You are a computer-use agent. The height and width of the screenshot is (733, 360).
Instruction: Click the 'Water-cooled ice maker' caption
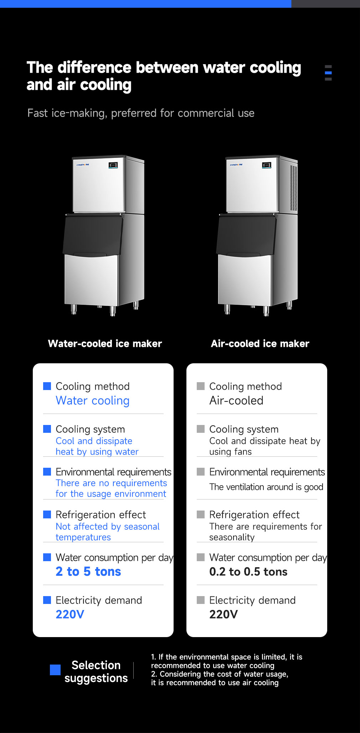tap(105, 344)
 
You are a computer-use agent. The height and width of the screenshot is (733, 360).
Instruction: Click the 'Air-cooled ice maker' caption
tap(260, 344)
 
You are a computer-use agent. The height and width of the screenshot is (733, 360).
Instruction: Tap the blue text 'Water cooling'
tap(92, 401)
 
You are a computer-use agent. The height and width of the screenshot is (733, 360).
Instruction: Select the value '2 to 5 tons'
tap(88, 572)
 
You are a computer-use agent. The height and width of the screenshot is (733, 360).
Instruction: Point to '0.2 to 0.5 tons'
tap(248, 572)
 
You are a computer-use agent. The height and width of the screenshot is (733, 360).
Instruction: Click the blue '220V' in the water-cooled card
tap(70, 615)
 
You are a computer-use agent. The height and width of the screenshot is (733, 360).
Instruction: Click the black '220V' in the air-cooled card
tap(223, 615)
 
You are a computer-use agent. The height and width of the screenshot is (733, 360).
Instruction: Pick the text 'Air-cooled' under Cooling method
tap(236, 401)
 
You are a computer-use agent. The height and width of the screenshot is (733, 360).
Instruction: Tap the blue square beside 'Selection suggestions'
tap(55, 670)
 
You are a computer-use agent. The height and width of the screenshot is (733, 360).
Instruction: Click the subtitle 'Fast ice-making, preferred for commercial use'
tap(141, 113)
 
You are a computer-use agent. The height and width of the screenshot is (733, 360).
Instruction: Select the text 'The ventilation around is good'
tap(266, 487)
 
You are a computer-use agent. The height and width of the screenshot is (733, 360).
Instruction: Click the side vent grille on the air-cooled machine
tap(293, 188)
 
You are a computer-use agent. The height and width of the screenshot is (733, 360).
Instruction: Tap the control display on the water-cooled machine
tap(113, 165)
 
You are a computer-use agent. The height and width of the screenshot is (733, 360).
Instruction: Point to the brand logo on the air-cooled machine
tap(236, 165)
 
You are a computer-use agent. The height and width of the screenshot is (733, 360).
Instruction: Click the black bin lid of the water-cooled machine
tap(92, 235)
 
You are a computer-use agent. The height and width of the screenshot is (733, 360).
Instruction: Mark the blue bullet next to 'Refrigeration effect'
tap(47, 514)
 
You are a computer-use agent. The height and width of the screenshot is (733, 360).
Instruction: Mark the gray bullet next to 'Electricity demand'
tap(201, 600)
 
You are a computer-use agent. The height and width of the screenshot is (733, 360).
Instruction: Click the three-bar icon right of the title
tap(328, 73)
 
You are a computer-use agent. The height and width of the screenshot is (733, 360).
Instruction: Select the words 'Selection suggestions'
tap(96, 672)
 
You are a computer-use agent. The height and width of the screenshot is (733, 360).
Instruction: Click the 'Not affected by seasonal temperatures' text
tap(107, 532)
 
